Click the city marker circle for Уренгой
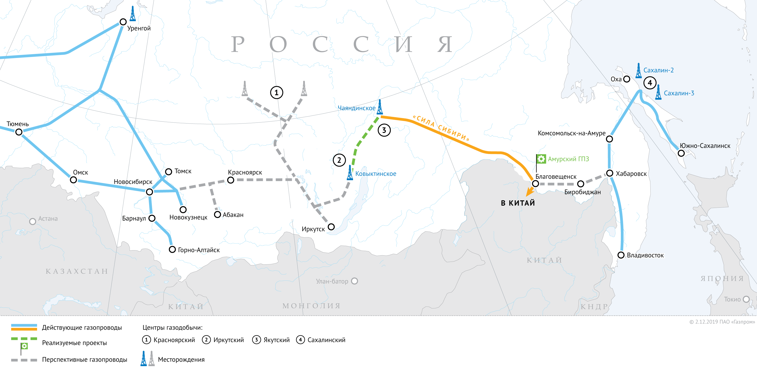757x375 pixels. pos(123,22)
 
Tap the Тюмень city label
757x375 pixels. pos(18,124)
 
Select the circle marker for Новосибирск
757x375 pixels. pos(150,192)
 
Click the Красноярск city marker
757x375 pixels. pos(231,180)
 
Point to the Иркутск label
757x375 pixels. pos(313,229)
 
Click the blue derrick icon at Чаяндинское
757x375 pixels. pos(380,107)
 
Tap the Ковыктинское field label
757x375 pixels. pos(375,174)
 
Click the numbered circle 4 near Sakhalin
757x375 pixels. pos(650,83)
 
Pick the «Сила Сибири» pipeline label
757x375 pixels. pos(441,128)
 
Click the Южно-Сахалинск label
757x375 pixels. pos(705,146)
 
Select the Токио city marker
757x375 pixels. pos(746,299)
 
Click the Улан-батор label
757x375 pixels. pos(332,281)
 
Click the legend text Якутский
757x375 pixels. pos(276,340)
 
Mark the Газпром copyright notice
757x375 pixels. pos(722,322)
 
